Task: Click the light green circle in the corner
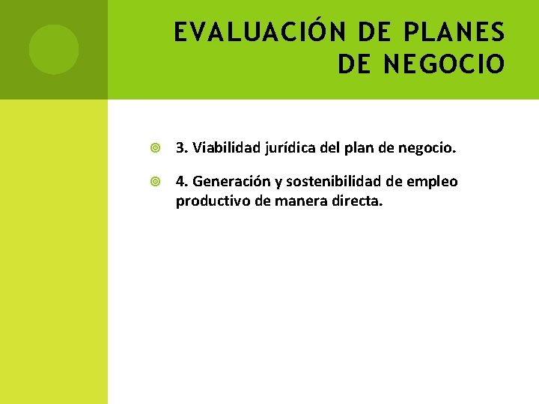(54, 49)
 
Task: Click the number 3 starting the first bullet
(180, 148)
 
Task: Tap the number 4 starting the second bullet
(180, 182)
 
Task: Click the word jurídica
(289, 148)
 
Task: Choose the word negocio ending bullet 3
(427, 148)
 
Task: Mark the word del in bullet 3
(330, 148)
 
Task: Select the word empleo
(433, 182)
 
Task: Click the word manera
(299, 201)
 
